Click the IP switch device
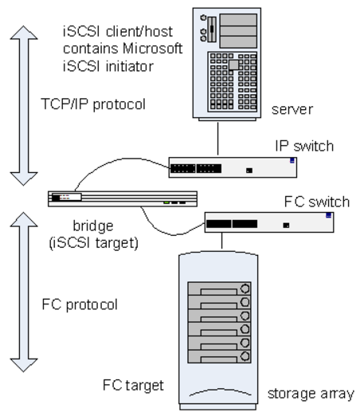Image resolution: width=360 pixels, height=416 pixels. pos(232,167)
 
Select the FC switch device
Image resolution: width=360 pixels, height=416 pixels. pos(270,222)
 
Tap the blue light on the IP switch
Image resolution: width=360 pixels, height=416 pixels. pos(292,161)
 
